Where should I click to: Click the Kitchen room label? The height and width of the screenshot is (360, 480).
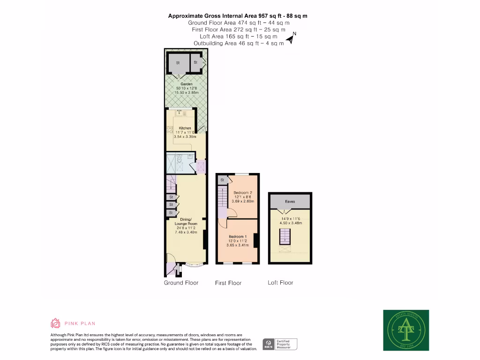[185, 128]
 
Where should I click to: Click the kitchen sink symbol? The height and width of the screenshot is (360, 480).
[180, 113]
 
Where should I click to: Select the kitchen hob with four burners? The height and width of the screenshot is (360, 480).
[169, 131]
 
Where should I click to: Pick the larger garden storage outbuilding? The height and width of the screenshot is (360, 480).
[178, 63]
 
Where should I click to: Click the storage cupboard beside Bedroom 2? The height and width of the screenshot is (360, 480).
[222, 180]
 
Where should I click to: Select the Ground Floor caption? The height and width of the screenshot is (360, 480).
[181, 283]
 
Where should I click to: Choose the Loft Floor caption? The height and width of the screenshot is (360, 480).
[280, 283]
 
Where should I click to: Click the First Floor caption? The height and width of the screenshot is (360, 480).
[228, 283]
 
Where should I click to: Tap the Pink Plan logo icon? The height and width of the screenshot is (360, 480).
[55, 323]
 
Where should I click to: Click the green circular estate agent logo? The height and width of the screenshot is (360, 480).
[405, 330]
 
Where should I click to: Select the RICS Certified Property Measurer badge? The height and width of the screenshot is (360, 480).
[280, 345]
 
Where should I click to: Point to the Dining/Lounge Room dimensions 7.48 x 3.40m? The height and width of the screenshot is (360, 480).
[186, 232]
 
